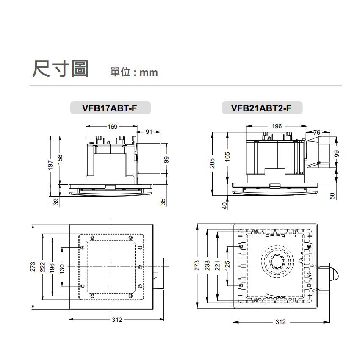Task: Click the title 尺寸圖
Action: click(60, 69)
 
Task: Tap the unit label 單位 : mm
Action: click(134, 72)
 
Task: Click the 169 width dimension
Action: click(113, 126)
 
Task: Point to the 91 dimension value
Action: click(149, 132)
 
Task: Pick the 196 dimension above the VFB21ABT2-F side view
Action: click(277, 126)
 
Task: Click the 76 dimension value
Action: click(317, 133)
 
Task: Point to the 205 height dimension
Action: click(213, 163)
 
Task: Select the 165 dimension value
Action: click(227, 156)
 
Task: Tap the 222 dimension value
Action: click(42, 267)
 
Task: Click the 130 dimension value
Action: click(62, 268)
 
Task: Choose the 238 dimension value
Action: click(207, 266)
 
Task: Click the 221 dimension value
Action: click(217, 266)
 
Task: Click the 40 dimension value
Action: click(225, 205)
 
